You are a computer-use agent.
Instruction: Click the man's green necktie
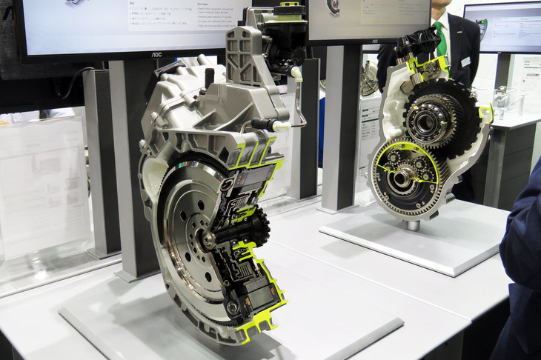(442, 37)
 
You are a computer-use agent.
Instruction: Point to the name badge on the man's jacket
(465, 61)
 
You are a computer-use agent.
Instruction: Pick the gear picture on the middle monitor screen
(332, 7)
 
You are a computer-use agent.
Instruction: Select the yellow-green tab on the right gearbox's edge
(485, 113)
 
